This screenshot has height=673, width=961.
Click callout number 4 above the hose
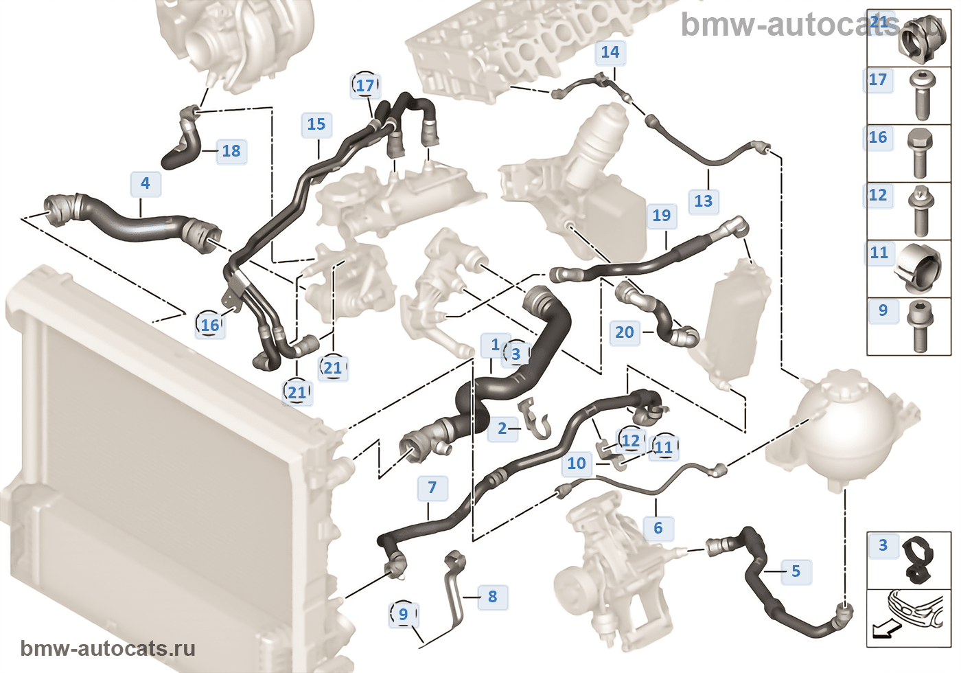tap(145, 183)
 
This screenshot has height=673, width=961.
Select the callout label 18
tap(231, 151)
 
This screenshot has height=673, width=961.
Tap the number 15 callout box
tap(316, 124)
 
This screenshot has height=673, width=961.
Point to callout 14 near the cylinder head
tap(610, 52)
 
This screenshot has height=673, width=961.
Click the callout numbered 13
tap(703, 201)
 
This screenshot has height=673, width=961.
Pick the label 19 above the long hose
tap(661, 216)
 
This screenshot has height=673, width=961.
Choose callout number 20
tap(624, 332)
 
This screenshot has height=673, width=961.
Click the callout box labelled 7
tap(432, 488)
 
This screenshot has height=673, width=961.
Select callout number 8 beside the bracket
tap(492, 597)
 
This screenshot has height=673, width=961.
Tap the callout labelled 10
tap(577, 464)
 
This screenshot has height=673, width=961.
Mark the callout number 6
tap(658, 528)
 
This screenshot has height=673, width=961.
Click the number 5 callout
tap(796, 571)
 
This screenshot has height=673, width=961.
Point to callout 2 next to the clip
tap(502, 429)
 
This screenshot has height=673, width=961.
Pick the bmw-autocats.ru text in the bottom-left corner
tap(108, 648)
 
